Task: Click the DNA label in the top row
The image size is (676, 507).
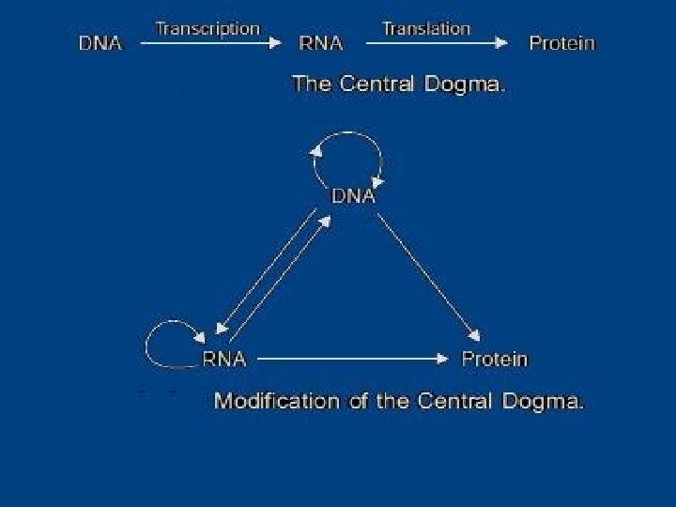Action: tap(99, 43)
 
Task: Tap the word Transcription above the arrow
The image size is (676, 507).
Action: tap(207, 28)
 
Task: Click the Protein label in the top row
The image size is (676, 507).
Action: tap(561, 43)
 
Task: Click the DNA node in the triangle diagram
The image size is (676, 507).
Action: tap(354, 197)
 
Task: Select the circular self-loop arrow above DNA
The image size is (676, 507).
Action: tap(348, 141)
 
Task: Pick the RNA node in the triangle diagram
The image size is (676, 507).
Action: tap(224, 358)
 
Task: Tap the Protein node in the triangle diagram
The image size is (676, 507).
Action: tap(495, 358)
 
